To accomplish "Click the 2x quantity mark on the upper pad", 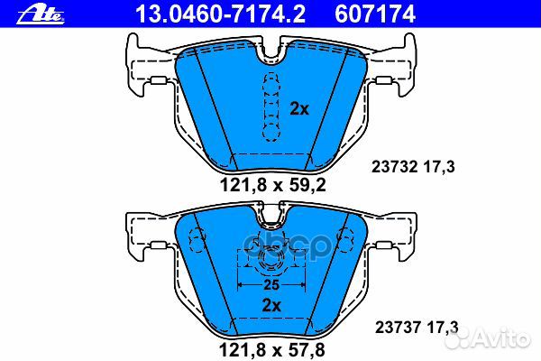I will pos(299,108).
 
